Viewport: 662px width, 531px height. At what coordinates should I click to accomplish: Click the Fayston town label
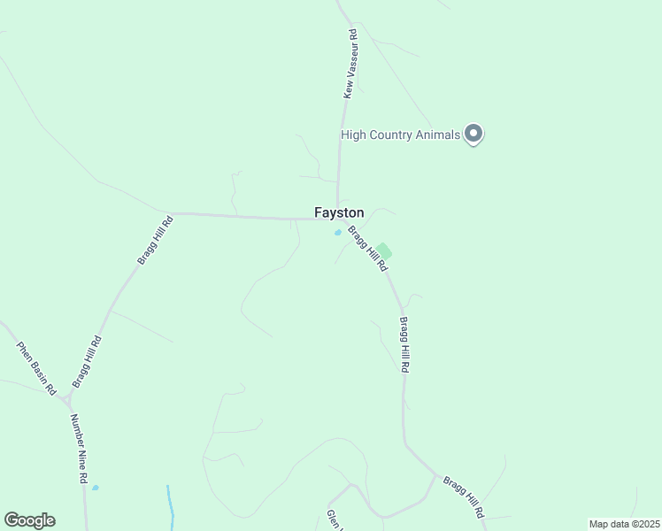tap(339, 213)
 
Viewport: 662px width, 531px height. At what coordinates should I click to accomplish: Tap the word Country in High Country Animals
tap(395, 135)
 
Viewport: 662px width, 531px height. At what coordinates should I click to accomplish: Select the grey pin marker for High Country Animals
tap(473, 134)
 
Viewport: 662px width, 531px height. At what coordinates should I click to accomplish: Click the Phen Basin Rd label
tap(37, 368)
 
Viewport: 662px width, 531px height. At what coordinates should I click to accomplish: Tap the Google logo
tap(29, 520)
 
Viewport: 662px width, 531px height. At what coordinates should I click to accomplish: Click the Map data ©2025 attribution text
tap(624, 524)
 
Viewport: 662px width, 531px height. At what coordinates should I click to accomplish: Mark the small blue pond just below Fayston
tap(337, 233)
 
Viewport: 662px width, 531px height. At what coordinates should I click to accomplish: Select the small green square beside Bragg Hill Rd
tap(383, 251)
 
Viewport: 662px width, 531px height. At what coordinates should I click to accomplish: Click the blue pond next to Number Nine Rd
tap(95, 487)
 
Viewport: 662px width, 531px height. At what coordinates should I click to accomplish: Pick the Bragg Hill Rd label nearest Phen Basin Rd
tap(87, 361)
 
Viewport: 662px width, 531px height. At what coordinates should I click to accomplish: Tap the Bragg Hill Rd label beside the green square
tap(367, 249)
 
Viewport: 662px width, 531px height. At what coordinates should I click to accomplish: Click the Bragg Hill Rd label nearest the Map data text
tap(464, 497)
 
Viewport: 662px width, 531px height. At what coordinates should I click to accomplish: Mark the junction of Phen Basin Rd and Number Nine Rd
tap(66, 400)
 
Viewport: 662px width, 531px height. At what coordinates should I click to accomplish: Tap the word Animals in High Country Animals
tap(440, 135)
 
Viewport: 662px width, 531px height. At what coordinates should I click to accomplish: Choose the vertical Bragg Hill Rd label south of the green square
tap(404, 343)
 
